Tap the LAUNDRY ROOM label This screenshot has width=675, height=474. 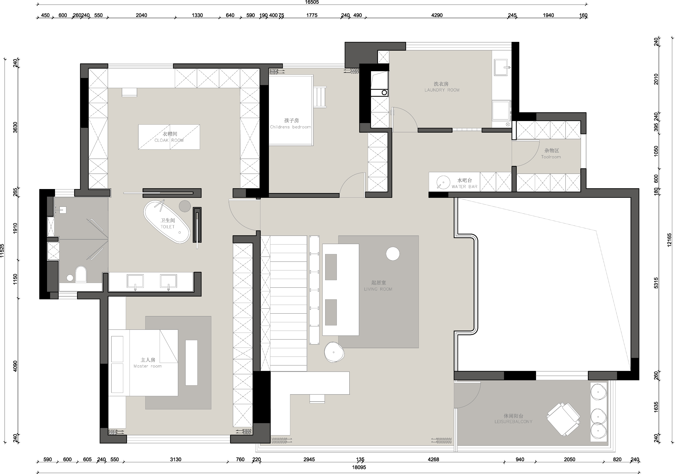tap(442, 90)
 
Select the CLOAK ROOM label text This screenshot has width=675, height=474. tap(169, 140)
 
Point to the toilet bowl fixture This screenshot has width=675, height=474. tap(81, 274)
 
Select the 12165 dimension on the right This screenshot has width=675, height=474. tap(669, 240)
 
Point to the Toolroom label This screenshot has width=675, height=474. tap(551, 157)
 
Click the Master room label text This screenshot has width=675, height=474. tap(148, 366)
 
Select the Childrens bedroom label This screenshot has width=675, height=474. tap(290, 127)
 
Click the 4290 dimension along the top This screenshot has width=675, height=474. tap(437, 15)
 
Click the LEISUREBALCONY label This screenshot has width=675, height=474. tap(513, 422)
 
